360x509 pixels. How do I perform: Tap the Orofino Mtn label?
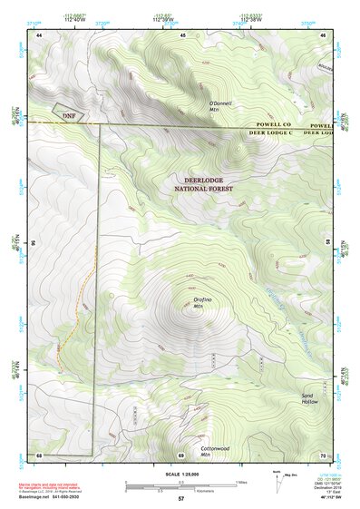point(201,302)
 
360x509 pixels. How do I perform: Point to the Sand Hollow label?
point(310,398)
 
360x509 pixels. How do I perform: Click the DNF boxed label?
point(68,115)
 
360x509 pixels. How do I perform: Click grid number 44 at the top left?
point(40,34)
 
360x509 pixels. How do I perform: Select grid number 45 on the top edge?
point(183,34)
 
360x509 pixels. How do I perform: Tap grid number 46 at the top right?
point(325,34)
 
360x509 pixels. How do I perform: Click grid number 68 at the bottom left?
point(39,454)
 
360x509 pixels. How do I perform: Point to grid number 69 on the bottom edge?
point(180,454)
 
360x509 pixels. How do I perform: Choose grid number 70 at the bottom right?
point(324,454)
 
